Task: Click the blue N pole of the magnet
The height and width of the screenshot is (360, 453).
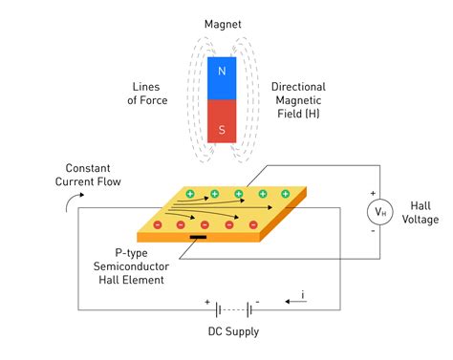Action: click(x=222, y=78)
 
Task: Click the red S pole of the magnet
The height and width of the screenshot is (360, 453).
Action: click(x=222, y=121)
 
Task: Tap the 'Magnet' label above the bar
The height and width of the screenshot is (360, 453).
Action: click(x=223, y=24)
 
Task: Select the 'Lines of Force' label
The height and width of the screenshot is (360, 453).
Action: click(x=147, y=94)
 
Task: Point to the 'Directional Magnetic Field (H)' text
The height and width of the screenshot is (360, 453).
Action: click(x=298, y=100)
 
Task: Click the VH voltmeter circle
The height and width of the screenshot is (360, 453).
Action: click(x=379, y=212)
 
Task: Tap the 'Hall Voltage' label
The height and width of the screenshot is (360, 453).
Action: click(x=421, y=213)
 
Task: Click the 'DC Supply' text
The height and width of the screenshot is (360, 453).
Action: click(x=233, y=331)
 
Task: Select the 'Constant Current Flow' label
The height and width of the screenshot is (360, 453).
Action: click(x=88, y=175)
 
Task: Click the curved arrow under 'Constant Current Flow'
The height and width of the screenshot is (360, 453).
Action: click(x=71, y=199)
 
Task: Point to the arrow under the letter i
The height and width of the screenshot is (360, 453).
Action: click(x=295, y=302)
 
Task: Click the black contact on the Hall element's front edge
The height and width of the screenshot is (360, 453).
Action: click(x=198, y=237)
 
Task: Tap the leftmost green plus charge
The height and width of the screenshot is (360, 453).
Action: click(x=190, y=194)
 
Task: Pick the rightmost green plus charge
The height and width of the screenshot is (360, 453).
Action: click(x=286, y=194)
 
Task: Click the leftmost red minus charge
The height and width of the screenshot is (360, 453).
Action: click(x=158, y=225)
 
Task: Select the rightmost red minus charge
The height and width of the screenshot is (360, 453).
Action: click(x=253, y=225)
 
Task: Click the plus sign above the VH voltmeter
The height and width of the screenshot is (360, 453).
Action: click(x=373, y=193)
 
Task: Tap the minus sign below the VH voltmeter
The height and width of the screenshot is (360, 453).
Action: click(x=373, y=231)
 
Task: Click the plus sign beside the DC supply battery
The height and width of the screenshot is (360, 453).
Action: click(x=207, y=302)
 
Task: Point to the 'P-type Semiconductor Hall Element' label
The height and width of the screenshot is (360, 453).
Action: click(x=131, y=266)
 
